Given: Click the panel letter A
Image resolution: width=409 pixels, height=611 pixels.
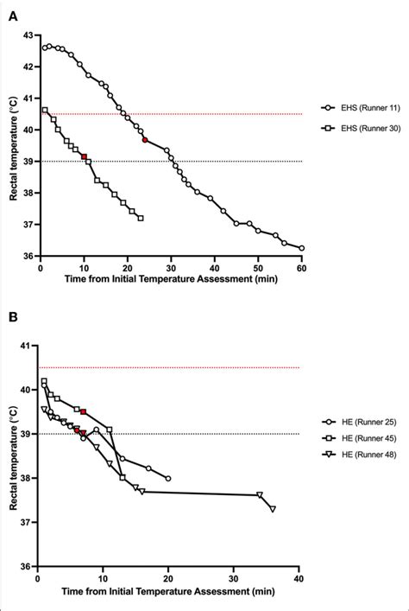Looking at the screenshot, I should click(8, 10).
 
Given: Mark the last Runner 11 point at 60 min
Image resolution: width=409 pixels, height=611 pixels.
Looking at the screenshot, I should click(301, 248).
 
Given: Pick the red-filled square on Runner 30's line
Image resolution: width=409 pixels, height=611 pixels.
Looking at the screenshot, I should click(84, 157).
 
